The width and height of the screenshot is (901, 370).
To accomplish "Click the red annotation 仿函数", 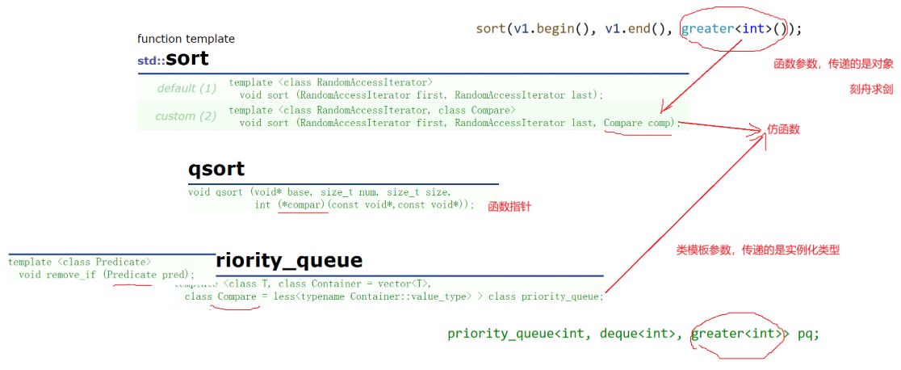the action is pos(784,129).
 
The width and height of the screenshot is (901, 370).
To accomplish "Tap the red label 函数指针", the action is pos(509,208).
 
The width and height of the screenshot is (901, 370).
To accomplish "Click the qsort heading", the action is pos(216,170).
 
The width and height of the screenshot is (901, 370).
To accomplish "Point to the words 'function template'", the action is pos(186,39).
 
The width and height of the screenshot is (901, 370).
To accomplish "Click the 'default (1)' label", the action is pos(186,88).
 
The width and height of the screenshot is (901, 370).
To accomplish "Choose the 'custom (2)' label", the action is pos(186,116).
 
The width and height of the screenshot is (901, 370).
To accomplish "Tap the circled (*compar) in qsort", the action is pos(302,205).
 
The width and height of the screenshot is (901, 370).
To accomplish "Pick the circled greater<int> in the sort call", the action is pos(722,29).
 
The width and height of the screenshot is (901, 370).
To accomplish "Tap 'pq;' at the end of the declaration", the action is pos(808,334).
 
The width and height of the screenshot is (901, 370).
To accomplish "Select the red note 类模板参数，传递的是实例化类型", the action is pos(757,250).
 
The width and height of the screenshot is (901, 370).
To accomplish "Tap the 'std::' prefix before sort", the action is pos(151,61).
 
